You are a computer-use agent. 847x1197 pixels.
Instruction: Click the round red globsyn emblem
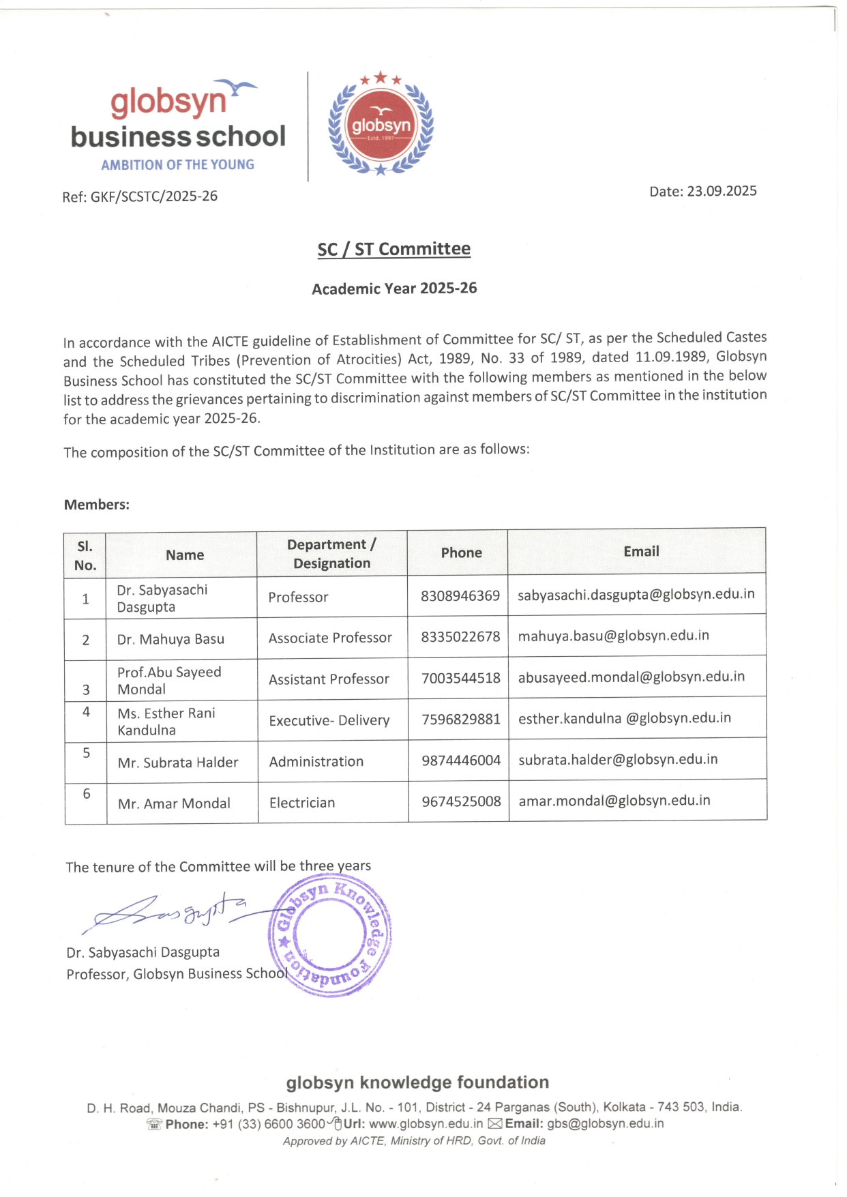click(381, 125)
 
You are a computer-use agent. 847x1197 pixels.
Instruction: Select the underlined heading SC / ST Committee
click(393, 249)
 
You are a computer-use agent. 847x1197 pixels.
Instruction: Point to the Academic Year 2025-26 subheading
click(394, 289)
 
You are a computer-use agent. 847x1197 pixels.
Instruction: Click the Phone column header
click(461, 552)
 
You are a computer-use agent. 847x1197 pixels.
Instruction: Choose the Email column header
click(641, 551)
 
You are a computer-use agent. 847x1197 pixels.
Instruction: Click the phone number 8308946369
click(460, 596)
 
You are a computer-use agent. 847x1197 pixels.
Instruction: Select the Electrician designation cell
click(302, 803)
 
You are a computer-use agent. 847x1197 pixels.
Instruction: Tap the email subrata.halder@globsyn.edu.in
click(618, 759)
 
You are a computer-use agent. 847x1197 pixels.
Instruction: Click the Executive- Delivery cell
click(329, 720)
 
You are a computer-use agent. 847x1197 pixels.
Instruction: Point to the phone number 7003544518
click(461, 678)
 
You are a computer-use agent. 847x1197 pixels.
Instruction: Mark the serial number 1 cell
click(86, 599)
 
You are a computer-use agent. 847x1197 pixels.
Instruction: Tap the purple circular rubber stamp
click(331, 936)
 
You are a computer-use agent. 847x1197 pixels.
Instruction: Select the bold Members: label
click(97, 505)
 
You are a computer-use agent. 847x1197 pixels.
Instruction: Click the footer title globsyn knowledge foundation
click(417, 1082)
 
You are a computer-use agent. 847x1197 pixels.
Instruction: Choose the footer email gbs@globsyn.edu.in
click(605, 1123)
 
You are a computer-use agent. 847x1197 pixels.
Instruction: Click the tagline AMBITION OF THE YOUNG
click(177, 165)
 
